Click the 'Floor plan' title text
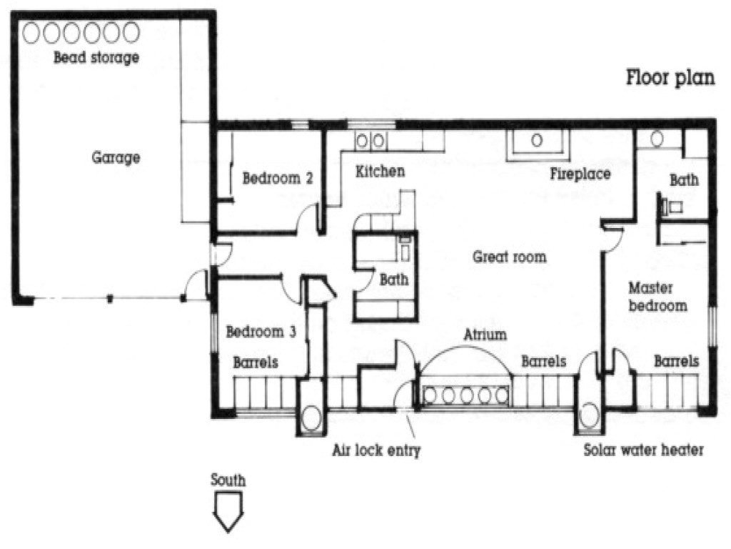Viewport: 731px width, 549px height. point(670,77)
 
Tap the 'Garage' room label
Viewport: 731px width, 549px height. point(116,157)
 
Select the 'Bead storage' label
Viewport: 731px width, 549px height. point(96,58)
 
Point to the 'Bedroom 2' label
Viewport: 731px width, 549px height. point(278,178)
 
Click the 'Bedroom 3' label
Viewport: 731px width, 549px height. point(261,332)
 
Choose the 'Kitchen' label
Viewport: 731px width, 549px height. point(380,172)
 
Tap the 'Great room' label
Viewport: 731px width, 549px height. point(510,257)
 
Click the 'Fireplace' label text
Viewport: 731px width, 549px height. point(580,174)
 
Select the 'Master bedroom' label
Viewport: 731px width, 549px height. point(657,297)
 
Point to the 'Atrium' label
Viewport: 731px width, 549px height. point(485,334)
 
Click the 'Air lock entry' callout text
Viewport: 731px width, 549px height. point(377,450)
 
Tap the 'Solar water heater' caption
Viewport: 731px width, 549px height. point(644,450)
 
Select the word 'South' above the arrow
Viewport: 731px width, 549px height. point(228,480)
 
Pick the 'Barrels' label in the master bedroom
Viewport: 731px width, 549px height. point(676,362)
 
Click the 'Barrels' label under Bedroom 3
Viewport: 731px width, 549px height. point(256,362)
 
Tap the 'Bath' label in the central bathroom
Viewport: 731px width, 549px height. point(394,280)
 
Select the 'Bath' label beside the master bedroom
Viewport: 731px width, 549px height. point(684,181)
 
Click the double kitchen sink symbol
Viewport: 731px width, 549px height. point(370,142)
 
